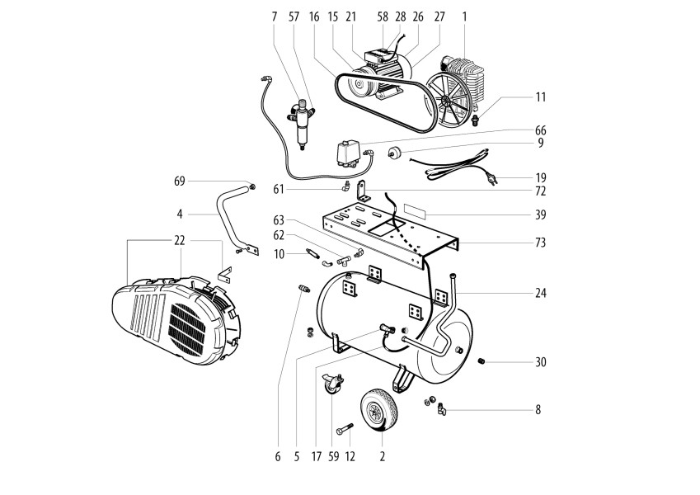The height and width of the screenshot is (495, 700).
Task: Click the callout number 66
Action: [x=541, y=130]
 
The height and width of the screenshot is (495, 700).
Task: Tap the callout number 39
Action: [x=541, y=214]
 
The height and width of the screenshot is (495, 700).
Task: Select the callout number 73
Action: [x=541, y=243]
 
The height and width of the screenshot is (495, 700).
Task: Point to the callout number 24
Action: [x=541, y=293]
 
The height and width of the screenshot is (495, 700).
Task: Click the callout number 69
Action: [x=180, y=181]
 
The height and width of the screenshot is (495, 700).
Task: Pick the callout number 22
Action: [x=180, y=240]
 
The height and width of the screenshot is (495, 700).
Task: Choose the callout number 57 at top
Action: [x=294, y=17]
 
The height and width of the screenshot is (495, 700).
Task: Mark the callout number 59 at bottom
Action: [x=333, y=456]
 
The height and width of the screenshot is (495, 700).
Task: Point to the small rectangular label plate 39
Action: [x=416, y=210]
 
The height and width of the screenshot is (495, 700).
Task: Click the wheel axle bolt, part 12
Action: [x=344, y=429]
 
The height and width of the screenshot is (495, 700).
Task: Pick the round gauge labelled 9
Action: [x=395, y=152]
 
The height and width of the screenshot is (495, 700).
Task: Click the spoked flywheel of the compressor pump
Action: [x=449, y=101]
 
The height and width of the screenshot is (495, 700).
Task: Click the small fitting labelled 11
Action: [x=476, y=120]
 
